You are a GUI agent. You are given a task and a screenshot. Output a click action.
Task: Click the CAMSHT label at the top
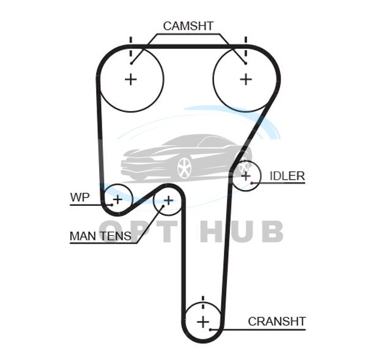tap(188, 26)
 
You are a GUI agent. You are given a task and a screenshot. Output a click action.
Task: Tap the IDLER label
tap(287, 176)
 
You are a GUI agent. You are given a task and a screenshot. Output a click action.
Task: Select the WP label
tap(80, 197)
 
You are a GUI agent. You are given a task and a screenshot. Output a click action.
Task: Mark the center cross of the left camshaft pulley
tap(130, 79)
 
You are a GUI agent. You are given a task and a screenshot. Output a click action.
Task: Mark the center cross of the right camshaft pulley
tap(245, 79)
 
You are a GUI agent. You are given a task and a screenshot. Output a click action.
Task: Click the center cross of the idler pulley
tap(245, 176)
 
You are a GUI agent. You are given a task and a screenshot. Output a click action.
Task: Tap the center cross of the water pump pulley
tap(117, 199)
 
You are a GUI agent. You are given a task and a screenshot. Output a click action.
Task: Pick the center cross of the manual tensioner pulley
tap(168, 200)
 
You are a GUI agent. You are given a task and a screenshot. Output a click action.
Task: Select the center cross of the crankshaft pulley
tap(203, 321)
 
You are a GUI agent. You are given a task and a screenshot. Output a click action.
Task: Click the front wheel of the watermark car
tap(184, 167)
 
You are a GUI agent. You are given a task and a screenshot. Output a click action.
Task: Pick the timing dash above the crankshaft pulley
tap(203, 301)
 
